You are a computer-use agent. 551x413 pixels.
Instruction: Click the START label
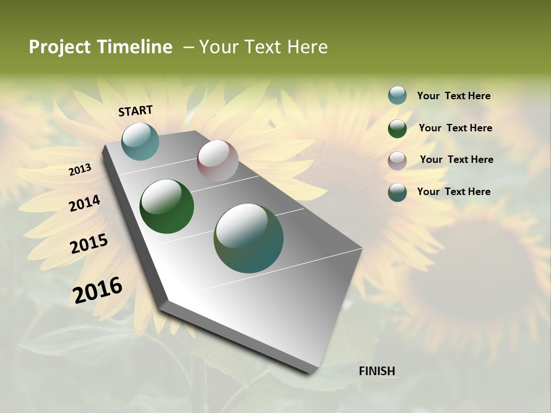coord(135,111)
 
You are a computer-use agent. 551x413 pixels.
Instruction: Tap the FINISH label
coord(377,371)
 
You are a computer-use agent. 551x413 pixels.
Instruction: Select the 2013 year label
coord(80,170)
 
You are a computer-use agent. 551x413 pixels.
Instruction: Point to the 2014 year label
coord(85,204)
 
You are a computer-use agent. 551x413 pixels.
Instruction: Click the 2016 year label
coord(98,290)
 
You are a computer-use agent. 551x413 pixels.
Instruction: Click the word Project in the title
coord(60,47)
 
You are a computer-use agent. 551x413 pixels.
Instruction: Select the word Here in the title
coord(307,47)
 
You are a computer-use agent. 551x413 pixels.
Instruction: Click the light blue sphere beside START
coord(140,141)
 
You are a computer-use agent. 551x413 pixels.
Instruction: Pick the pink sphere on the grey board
coord(218,161)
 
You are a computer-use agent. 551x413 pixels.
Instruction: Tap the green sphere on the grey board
coord(166,206)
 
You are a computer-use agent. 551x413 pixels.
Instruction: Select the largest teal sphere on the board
coord(249,238)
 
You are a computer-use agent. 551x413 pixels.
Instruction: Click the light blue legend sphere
coord(397,95)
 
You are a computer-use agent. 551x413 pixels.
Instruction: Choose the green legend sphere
coord(397,128)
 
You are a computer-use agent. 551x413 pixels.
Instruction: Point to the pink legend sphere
coord(397,161)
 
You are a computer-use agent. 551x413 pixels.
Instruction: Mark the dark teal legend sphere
coord(397,192)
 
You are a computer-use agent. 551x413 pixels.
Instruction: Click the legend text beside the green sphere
coord(455,128)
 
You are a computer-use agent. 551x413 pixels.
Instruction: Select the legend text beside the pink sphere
coord(456,159)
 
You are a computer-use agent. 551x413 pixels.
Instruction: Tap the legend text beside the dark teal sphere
coord(453,192)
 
